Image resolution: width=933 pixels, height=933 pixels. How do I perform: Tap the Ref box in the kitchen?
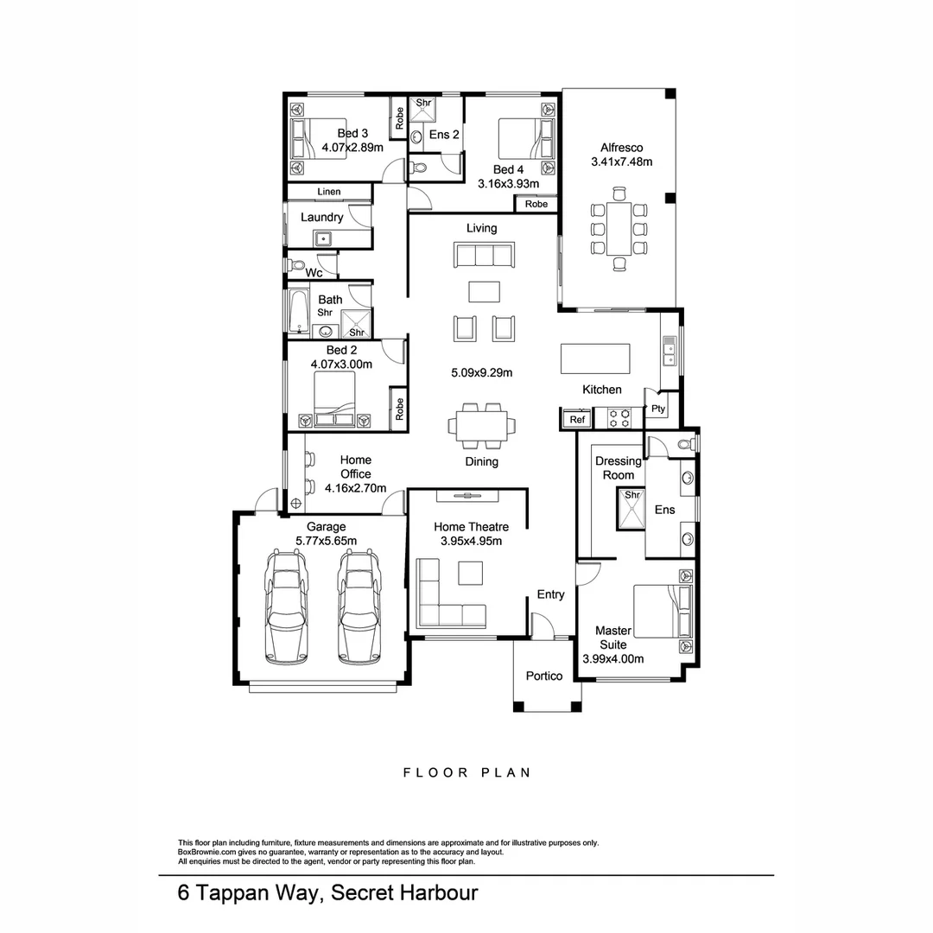point(577,420)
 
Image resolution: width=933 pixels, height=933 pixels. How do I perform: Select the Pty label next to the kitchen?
point(658,409)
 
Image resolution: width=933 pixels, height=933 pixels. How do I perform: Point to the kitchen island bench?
point(595,358)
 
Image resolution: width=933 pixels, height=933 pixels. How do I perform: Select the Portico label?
point(544,676)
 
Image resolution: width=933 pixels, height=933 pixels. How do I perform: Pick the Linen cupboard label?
point(329,192)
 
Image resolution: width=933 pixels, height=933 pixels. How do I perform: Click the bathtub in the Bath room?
point(297,313)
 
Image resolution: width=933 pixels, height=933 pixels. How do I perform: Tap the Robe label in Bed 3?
point(399,118)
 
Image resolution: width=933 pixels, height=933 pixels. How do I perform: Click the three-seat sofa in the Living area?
point(483,255)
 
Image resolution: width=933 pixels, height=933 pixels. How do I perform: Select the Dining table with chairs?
point(482,425)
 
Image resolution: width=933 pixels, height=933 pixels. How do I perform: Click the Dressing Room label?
point(619,467)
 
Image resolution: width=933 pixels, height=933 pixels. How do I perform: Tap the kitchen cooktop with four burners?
point(619,419)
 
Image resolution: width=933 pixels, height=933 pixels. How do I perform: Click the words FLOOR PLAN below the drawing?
point(466,772)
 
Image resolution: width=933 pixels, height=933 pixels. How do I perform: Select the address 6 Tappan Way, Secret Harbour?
point(327,892)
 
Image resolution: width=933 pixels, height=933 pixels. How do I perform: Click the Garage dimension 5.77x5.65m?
point(327,541)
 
